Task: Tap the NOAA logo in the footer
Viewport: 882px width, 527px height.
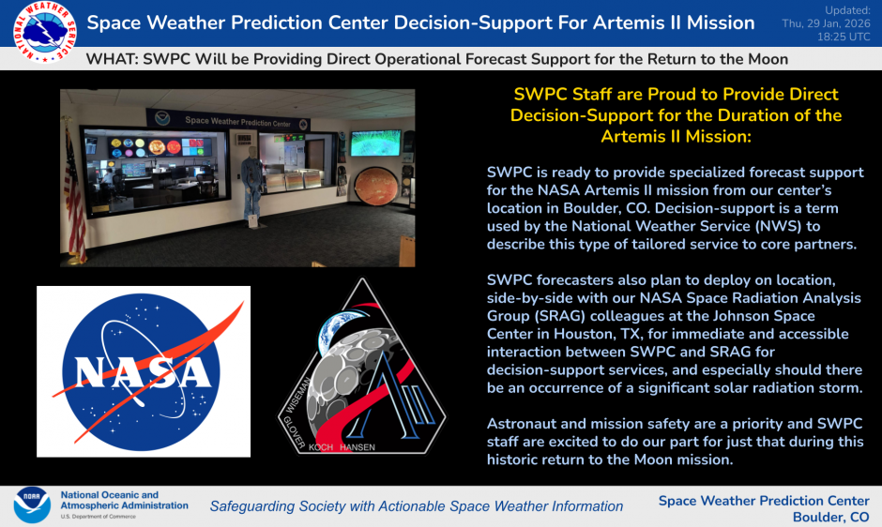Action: click(32, 505)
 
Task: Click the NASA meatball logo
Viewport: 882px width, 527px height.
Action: click(144, 371)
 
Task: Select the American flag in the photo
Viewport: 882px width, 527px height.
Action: click(75, 197)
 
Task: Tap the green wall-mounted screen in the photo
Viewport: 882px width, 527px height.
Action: click(374, 143)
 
